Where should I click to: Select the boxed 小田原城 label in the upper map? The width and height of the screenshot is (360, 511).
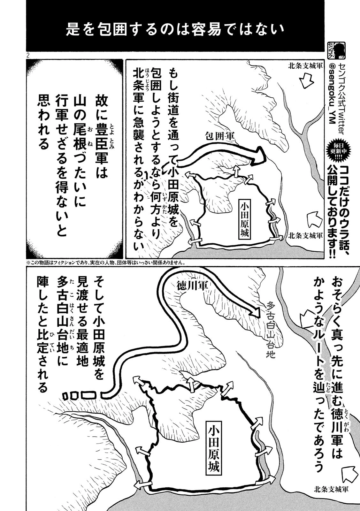pos(244,219)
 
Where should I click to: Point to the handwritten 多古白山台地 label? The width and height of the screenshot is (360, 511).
pos(271,329)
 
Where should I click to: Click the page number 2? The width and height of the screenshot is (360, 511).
pos(28,55)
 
